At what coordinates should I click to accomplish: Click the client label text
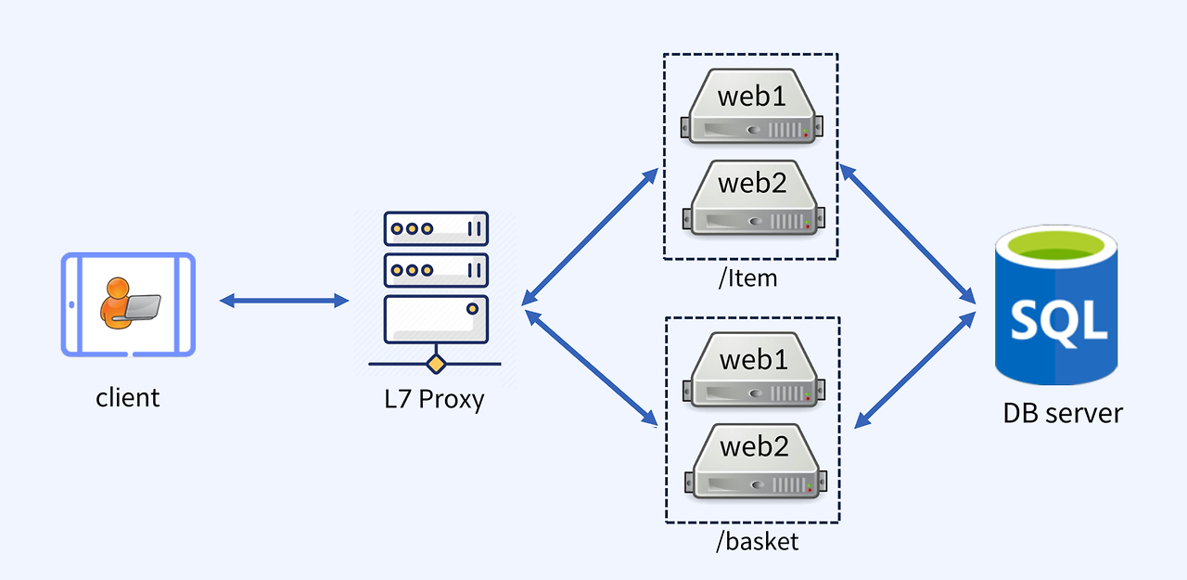(x=128, y=398)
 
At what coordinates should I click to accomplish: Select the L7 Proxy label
(x=434, y=399)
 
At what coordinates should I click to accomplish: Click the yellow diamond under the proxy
(x=434, y=363)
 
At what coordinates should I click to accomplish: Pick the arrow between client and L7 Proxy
(x=284, y=300)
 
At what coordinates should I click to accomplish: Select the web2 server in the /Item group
(x=751, y=196)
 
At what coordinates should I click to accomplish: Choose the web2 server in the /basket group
(x=751, y=459)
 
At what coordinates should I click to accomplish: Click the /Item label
(x=747, y=277)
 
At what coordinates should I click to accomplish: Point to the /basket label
(x=757, y=542)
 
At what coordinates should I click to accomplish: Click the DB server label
(x=1063, y=413)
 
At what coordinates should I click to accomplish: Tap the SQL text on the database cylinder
(x=1058, y=320)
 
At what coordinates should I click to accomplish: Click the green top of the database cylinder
(x=1057, y=248)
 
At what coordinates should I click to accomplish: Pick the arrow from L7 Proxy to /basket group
(x=591, y=368)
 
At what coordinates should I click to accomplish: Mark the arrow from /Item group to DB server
(x=907, y=234)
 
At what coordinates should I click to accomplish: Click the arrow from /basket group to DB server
(x=914, y=369)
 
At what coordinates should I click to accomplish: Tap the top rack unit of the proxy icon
(x=435, y=228)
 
